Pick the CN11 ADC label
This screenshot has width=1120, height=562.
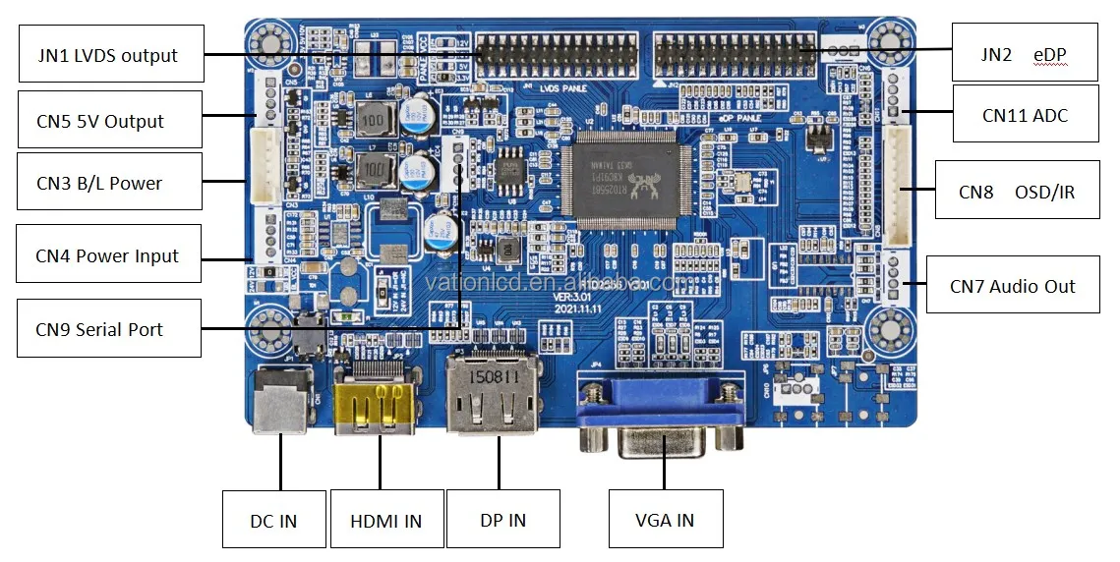click(1025, 115)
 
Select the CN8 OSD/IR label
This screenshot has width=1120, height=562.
click(1017, 192)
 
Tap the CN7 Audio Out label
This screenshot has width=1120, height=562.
click(1012, 286)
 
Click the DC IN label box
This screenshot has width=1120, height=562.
click(273, 519)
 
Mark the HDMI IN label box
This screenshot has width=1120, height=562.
click(385, 519)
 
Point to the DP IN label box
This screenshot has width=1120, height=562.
click(502, 519)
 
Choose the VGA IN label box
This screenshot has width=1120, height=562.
click(666, 519)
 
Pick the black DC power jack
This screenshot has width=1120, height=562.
click(280, 399)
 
